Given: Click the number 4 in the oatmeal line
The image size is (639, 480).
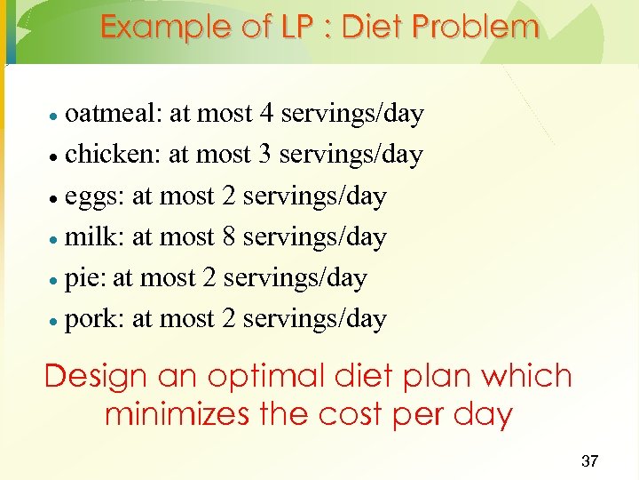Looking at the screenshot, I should click(266, 114).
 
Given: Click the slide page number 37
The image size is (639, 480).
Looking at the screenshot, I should click(589, 460).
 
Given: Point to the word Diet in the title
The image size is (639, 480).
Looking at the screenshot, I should click(377, 28).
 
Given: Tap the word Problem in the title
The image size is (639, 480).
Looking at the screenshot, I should click(477, 28).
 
